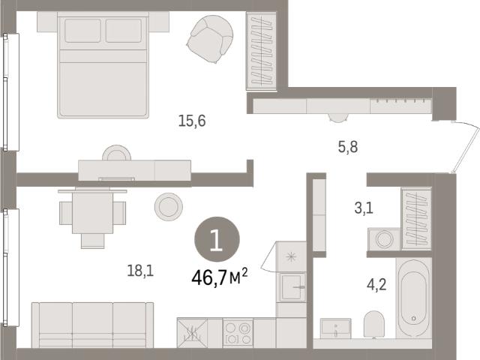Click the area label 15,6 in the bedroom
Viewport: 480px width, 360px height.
192,121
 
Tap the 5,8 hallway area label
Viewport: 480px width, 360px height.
348,147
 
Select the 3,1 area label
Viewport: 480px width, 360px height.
364,208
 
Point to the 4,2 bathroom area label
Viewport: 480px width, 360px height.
376,285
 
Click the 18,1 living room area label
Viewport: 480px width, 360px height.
140,271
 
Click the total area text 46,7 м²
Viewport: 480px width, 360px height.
220,277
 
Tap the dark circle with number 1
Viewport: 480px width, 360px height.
217,239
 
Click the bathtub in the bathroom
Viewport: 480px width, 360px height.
414,298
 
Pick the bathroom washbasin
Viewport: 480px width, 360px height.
335,328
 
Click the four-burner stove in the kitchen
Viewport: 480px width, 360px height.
238,333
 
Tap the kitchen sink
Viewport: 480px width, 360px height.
292,287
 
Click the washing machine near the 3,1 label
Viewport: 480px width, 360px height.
384,239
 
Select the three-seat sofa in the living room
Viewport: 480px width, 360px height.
92,325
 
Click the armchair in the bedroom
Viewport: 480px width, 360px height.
210,39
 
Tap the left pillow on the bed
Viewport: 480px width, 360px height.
82,31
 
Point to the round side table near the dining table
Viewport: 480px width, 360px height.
168,207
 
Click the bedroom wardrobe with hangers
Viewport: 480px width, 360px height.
262,51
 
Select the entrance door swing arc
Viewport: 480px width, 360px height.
466,146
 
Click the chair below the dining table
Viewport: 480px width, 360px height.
93,241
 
